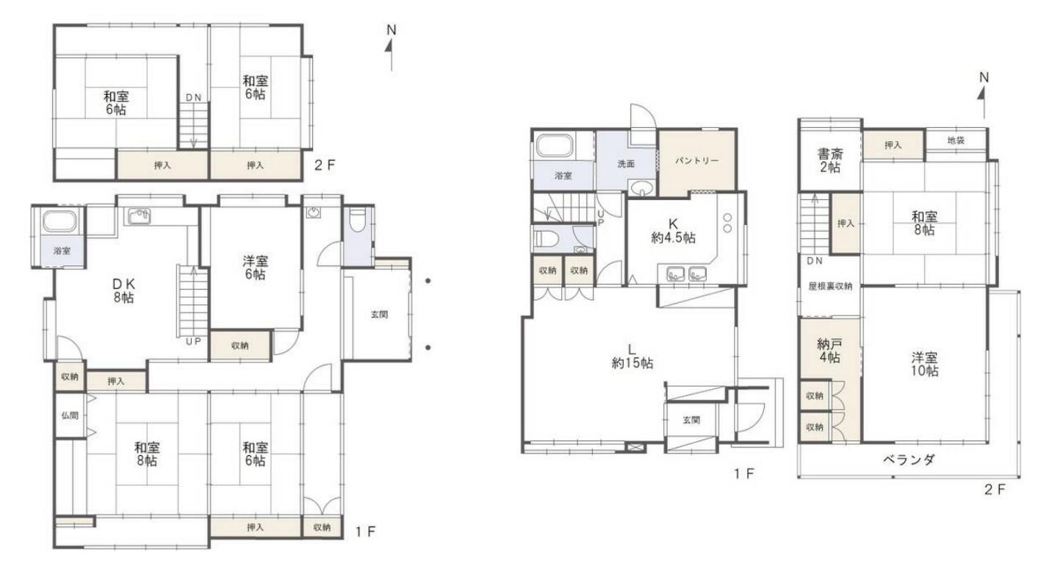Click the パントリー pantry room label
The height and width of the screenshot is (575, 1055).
click(x=696, y=161)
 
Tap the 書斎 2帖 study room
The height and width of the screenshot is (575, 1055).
click(x=830, y=161)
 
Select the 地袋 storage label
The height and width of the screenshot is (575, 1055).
click(x=956, y=140)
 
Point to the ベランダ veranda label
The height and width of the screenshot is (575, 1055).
click(x=909, y=459)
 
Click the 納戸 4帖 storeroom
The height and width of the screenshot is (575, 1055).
click(x=829, y=351)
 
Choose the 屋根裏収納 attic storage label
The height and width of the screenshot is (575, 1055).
click(x=830, y=286)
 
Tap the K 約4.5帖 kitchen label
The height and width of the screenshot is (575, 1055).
click(x=673, y=231)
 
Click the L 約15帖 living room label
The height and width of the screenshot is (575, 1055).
click(x=632, y=357)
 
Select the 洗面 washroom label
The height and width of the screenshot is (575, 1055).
click(x=626, y=164)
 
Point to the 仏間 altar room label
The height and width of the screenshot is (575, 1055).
click(x=70, y=415)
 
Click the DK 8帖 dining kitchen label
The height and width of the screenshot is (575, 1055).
click(x=124, y=290)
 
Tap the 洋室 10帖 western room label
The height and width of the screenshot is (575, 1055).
click(x=924, y=364)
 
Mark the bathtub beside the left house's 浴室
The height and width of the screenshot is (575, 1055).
click(x=59, y=221)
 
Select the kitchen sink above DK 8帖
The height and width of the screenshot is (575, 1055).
click(x=140, y=216)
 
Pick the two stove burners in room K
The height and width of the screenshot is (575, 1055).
click(x=727, y=223)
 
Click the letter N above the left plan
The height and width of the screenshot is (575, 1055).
click(x=392, y=30)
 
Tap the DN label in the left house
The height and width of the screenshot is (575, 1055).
click(x=193, y=98)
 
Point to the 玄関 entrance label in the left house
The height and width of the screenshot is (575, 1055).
click(x=379, y=315)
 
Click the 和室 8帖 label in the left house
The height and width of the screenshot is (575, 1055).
click(x=147, y=454)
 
